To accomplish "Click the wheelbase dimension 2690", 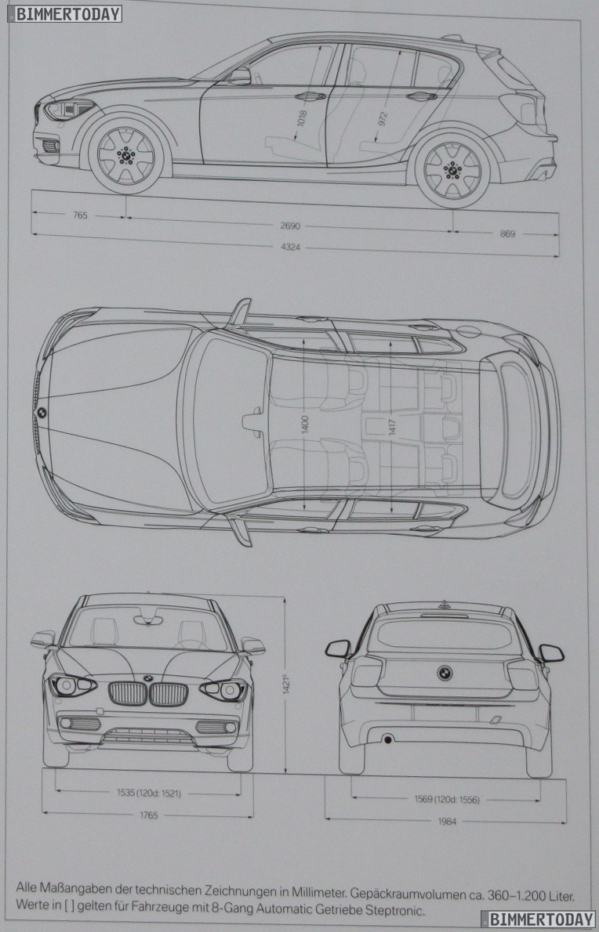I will (290, 226).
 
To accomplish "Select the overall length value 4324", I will (290, 247).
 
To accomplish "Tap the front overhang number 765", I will (80, 215).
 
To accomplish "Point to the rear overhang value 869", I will (507, 233).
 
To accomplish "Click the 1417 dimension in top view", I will (390, 427).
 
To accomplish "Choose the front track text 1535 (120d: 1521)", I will (149, 793).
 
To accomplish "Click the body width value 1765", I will (149, 815).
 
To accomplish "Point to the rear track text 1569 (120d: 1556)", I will (446, 800).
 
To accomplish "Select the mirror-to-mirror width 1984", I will (448, 822).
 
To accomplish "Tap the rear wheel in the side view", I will (452, 168).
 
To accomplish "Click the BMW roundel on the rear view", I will (445, 673).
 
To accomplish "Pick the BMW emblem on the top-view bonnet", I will (42, 413).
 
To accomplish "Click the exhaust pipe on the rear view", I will (387, 739).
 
